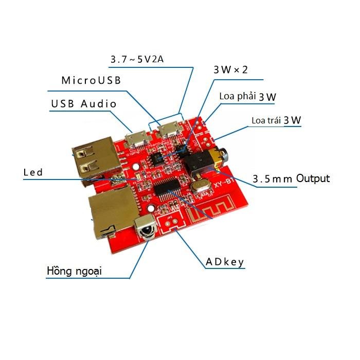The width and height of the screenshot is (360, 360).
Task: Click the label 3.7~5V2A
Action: (137, 59)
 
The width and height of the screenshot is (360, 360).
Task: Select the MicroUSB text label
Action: (91, 80)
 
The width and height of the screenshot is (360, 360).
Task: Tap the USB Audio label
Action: (84, 104)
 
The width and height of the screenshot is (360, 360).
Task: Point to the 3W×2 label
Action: (230, 70)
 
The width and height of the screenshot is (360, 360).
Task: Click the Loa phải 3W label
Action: (247, 97)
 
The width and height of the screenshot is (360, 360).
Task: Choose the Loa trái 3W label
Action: (276, 120)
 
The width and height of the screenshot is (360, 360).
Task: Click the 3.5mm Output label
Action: (291, 178)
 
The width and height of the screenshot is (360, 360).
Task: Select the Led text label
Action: (33, 172)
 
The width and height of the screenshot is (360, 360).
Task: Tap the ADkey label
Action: (225, 262)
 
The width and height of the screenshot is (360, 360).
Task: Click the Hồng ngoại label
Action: (74, 271)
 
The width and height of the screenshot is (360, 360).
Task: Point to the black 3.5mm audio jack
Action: (205, 162)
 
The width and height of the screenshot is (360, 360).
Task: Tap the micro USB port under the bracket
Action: (169, 130)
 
